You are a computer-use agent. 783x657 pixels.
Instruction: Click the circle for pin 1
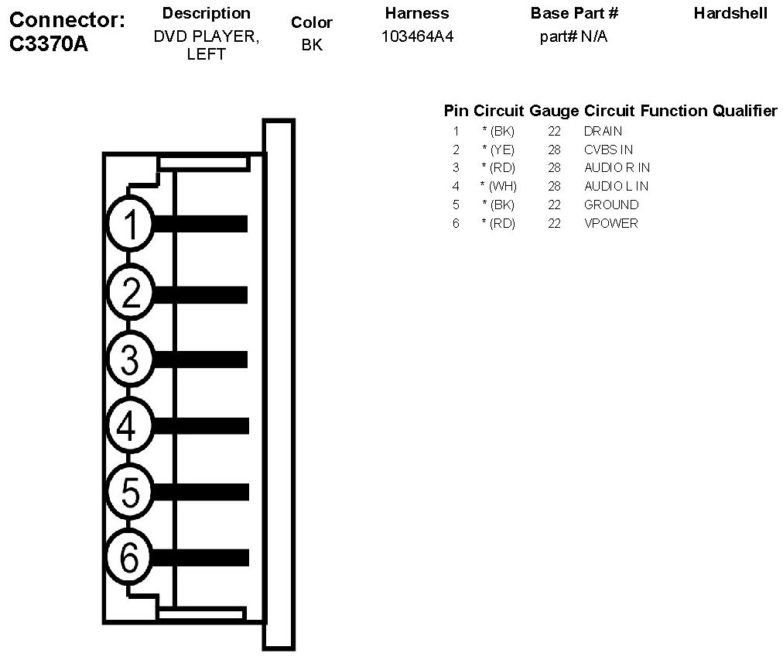130,224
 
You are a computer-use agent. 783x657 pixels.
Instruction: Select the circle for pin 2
130,293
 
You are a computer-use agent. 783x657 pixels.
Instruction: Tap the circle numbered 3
130,359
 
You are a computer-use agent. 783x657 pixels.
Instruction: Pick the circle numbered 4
130,425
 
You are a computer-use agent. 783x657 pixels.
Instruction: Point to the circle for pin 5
130,491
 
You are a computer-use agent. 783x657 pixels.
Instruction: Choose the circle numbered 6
130,556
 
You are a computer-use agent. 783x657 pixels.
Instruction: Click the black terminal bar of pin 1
201,224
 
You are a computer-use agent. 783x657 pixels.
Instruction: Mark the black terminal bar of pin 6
201,557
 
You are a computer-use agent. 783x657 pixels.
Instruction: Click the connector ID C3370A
49,43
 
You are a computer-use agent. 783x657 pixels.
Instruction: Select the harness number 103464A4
417,36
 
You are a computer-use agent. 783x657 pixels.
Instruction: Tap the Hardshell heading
730,13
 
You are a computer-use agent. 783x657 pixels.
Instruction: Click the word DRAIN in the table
603,131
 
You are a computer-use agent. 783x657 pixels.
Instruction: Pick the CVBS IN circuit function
608,150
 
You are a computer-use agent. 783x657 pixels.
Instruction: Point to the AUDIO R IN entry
617,167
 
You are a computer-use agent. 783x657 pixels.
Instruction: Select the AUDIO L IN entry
616,186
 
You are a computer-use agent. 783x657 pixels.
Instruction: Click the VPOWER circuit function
611,223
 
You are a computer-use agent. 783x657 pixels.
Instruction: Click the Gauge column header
554,111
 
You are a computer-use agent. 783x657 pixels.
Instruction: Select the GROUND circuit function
611,205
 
